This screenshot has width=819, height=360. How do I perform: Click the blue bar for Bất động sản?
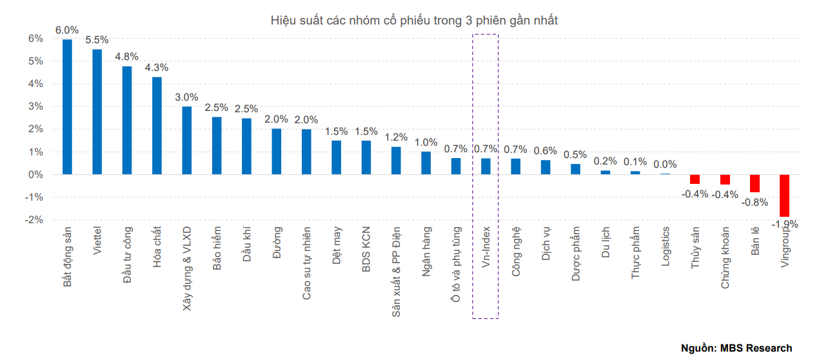coord(67,106)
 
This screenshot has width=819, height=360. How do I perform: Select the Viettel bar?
coord(97,112)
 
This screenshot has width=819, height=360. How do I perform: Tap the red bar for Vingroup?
coord(784,195)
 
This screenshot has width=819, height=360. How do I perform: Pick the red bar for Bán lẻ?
coord(755,183)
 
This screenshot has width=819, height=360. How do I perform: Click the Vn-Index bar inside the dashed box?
coord(486,166)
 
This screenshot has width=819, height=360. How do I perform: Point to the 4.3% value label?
coord(157,67)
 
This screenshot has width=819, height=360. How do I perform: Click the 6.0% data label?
coord(67,30)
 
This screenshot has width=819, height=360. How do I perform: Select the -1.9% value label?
coord(785,225)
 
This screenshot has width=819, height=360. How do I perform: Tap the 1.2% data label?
coord(396,137)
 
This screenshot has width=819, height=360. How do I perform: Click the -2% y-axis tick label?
coord(34,220)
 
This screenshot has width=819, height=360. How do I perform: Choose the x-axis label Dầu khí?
coord(246,244)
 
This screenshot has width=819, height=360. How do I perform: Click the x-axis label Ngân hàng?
coord(426,252)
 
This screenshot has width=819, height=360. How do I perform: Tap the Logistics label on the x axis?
coord(666,246)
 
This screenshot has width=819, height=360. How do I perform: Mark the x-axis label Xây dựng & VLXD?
coord(186,268)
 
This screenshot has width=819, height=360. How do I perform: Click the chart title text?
coord(414,21)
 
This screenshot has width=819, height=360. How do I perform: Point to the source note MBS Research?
coord(736,348)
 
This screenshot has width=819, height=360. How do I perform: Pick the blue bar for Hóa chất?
coord(157,126)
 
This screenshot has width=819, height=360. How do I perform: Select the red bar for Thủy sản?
coord(695,179)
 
